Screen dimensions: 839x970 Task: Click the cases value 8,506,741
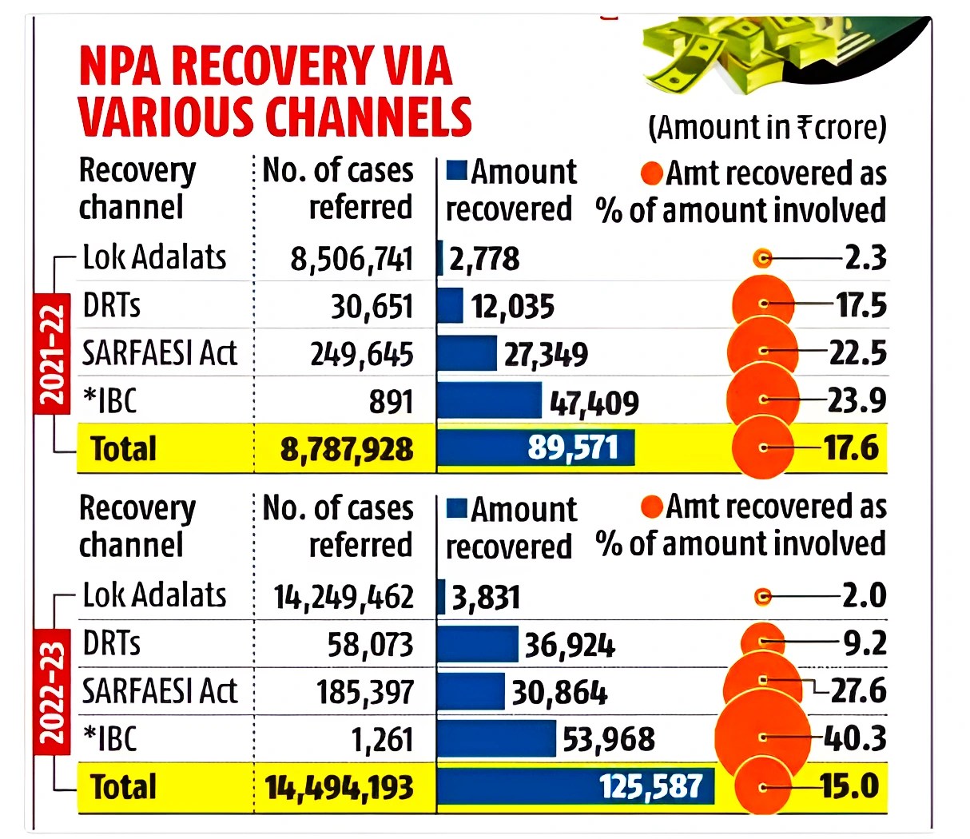point(352,259)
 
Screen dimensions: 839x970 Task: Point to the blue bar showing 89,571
point(535,448)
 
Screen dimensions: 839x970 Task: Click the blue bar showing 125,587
point(575,786)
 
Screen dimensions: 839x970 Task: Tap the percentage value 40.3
point(854,738)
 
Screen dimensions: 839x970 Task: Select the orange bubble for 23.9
point(763,399)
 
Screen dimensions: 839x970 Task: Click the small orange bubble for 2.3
point(762,258)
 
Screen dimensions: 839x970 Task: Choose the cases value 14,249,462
point(344,597)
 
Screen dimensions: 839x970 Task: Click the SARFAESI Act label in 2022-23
point(160,692)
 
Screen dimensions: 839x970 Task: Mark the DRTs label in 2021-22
point(112,306)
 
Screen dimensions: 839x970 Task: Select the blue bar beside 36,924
point(478,644)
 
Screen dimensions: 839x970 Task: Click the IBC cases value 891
point(391,402)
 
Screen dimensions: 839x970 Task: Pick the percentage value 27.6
point(857,690)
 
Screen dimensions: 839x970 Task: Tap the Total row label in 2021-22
point(123,449)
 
